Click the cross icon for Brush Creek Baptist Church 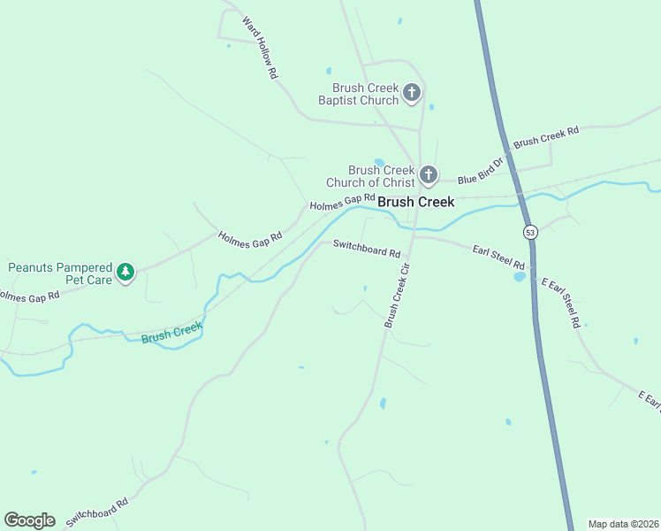pos(411,92)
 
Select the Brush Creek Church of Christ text pos(370,176)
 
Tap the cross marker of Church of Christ pos(429,175)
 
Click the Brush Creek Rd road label pos(545,136)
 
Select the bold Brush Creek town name pos(415,202)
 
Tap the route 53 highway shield pos(529,232)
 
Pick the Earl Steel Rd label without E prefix pos(498,258)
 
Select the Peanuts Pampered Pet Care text pos(60,273)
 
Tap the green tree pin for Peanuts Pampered pos(126,272)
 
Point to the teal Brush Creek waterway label pos(171,332)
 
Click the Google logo pos(29,520)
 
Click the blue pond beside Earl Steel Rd pos(519,276)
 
